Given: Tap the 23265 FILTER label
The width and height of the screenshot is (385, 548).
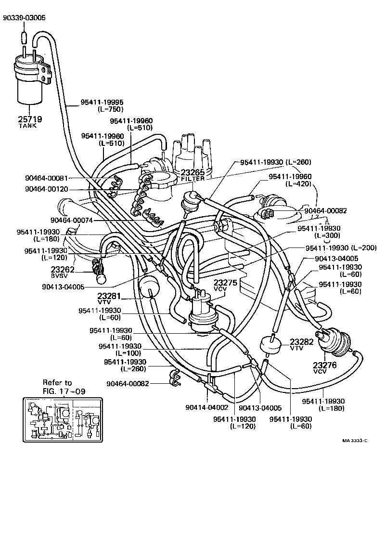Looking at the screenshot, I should pos(192,174).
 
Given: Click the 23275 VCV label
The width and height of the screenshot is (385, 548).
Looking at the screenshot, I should pos(225,285).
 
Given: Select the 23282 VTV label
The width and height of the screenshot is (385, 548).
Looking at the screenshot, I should pos(301,344).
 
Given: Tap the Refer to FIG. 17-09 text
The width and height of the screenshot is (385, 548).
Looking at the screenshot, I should pos(64,387).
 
